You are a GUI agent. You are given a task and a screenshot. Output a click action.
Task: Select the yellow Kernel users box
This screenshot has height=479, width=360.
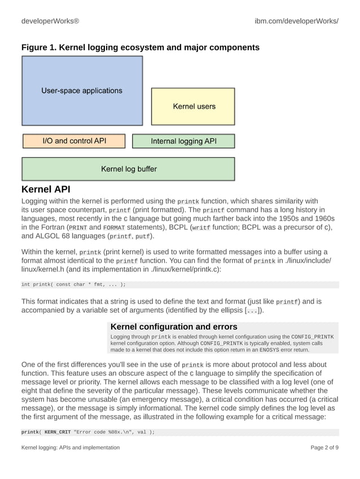[194, 106]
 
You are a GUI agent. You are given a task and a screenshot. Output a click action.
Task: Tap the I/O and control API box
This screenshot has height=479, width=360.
[74, 140]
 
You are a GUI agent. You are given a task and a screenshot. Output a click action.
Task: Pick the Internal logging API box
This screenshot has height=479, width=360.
[183, 141]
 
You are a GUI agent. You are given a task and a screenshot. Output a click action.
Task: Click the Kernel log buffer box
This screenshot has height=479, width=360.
[128, 169]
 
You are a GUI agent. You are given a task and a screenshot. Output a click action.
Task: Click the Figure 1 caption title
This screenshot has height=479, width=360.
[140, 47]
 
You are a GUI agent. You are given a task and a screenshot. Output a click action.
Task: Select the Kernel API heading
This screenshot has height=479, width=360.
[46, 189]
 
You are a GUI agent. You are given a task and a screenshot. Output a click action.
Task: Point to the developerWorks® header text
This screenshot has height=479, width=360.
[50, 21]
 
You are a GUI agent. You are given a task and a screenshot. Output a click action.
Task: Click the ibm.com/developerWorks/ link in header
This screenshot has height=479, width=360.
[296, 21]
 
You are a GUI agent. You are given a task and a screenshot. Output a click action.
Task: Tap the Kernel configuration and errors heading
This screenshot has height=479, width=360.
[174, 327]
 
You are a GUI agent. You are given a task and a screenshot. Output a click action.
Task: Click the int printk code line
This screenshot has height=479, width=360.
[73, 284]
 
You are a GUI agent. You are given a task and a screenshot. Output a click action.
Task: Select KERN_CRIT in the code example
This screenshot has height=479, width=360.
[58, 432]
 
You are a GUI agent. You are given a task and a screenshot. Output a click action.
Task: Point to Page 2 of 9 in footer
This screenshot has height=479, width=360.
[324, 447]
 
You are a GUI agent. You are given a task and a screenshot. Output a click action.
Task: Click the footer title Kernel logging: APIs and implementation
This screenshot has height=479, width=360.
[71, 447]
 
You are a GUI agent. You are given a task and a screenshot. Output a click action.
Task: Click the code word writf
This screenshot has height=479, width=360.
[201, 228]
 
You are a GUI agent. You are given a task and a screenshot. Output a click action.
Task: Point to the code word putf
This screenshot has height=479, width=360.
[143, 237]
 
